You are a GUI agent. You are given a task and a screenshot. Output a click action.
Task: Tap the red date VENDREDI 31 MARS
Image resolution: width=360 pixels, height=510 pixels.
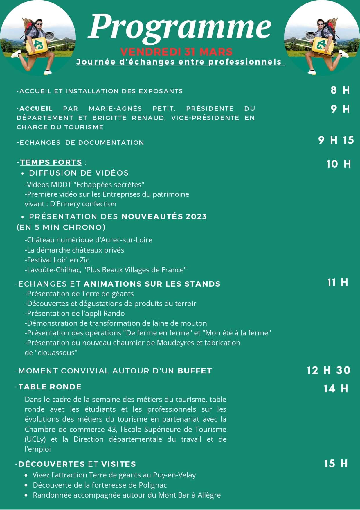177,52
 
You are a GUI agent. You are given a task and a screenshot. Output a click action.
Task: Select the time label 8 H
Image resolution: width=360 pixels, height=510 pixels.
340,90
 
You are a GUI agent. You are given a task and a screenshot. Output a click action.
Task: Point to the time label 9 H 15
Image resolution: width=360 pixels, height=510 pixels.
336,140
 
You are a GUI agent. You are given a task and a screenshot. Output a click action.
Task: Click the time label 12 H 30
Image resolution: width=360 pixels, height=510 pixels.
329,370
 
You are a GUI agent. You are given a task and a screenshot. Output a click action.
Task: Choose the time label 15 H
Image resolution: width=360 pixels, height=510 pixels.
336,464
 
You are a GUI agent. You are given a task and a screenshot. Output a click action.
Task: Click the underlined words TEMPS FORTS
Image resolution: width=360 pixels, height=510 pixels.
51,162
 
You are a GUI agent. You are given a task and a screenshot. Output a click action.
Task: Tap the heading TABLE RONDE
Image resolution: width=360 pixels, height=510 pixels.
50,387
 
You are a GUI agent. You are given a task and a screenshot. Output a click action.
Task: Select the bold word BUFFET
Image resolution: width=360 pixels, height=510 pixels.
195,371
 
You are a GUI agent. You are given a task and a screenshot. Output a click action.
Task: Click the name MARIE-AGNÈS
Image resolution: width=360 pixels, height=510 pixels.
115,109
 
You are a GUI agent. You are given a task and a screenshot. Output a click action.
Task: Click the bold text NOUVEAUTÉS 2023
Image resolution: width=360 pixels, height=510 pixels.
164,216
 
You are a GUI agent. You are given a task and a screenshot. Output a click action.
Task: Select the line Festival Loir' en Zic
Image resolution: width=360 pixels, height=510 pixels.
57,260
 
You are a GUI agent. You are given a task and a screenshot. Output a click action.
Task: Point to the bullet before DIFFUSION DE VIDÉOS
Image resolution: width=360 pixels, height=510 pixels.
23,173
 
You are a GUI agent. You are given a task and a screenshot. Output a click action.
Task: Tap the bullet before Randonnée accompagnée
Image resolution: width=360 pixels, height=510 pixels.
26,495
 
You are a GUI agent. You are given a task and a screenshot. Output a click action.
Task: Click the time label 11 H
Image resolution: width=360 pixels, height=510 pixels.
337,282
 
